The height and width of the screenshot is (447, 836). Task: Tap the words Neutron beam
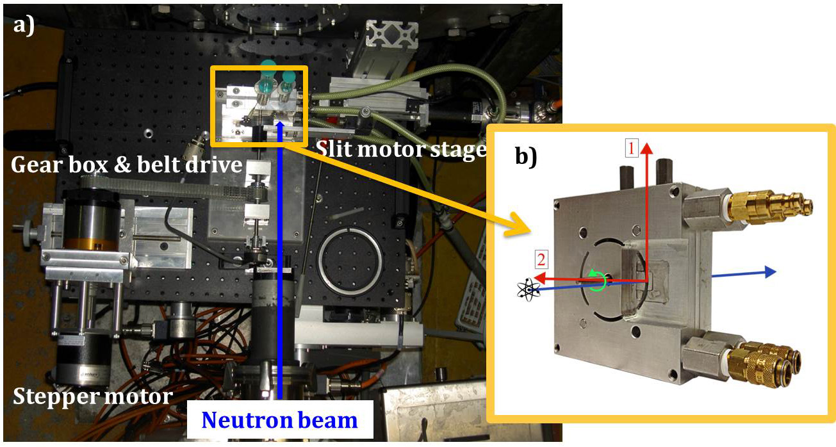tap(279, 420)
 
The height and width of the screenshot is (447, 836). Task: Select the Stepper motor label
tap(92, 397)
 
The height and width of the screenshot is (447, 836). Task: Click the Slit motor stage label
tap(400, 150)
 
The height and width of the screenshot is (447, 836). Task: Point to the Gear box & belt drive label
tap(126, 165)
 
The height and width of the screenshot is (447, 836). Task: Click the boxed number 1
tap(631, 149)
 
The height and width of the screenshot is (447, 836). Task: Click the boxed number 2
tap(541, 260)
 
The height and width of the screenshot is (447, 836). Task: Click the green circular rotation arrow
tap(598, 280)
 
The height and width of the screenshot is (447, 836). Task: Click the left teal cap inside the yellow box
tap(266, 67)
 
